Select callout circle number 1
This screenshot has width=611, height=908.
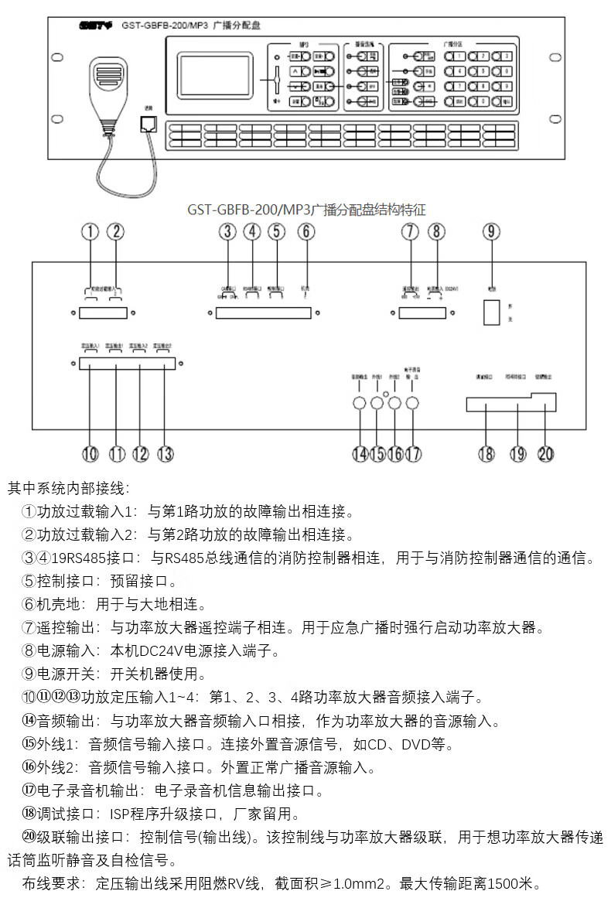pos(92,230)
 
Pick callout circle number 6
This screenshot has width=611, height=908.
pos(307,230)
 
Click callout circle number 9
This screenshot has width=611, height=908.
pos(492,230)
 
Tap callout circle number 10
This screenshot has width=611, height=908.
pos(91,454)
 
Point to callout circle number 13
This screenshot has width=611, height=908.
pos(165,454)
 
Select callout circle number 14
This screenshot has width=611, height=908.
pos(359,454)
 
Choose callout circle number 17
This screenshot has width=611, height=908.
pos(414,454)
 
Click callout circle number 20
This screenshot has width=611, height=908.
pos(546,454)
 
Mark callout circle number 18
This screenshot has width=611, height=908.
pos(486,454)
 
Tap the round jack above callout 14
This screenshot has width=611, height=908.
pos(359,402)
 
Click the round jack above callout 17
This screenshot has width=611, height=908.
pos(413,402)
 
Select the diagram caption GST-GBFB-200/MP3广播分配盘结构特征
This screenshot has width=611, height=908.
pos(306,209)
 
